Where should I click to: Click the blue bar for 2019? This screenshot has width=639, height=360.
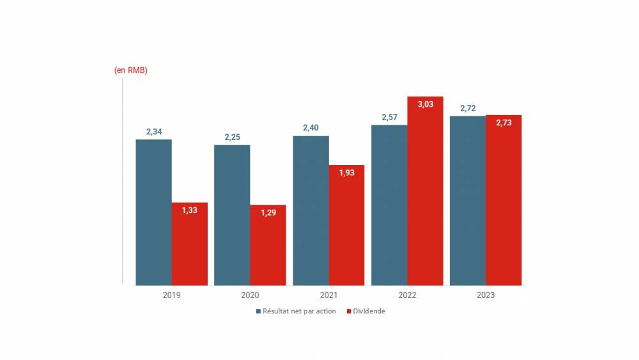[x=153, y=212]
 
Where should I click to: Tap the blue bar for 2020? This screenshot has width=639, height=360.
[x=232, y=215]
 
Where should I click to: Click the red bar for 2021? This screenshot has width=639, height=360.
[x=346, y=225]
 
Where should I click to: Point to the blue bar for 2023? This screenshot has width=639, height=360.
[x=468, y=200]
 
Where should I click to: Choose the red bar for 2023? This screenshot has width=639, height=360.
[x=504, y=200]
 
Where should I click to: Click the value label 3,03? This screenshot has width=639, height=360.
[x=426, y=104]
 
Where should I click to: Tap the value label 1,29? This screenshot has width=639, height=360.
[x=268, y=212]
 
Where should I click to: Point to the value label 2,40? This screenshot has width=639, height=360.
[x=311, y=128]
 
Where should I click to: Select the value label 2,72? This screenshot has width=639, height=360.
[x=468, y=108]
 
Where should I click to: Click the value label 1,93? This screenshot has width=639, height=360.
[x=346, y=173]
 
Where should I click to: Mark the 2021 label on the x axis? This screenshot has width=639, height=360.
[x=328, y=295]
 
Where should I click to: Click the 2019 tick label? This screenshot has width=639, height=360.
[x=171, y=295]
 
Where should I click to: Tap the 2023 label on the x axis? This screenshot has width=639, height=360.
[x=486, y=295]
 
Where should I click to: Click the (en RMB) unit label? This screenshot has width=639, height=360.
[x=131, y=70]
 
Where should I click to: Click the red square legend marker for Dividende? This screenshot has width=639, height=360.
[x=349, y=311]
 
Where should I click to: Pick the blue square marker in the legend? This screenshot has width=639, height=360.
[x=258, y=311]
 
